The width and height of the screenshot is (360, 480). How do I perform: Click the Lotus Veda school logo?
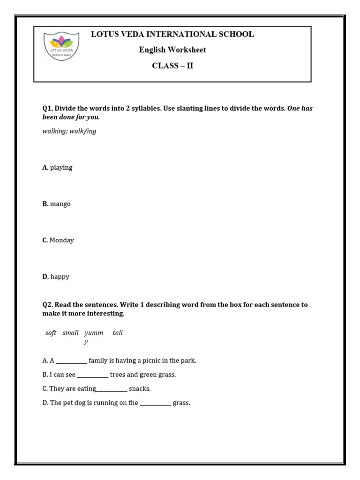click(61, 45)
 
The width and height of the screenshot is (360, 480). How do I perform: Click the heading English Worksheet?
click(172, 50)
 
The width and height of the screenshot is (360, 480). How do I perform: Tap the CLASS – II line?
click(172, 66)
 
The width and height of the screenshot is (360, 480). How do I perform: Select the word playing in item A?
click(61, 168)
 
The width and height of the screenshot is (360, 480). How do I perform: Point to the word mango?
click(60, 204)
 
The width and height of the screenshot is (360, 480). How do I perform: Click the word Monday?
click(62, 240)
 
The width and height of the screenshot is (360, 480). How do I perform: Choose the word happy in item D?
click(60, 277)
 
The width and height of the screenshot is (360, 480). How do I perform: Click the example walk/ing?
click(82, 132)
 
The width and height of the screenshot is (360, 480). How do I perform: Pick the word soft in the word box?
click(51, 333)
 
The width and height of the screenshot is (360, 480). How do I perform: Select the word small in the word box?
click(70, 333)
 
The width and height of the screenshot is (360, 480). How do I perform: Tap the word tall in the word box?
click(118, 333)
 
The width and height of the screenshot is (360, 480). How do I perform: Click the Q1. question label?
click(48, 108)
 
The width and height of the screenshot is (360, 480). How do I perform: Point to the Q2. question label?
click(48, 305)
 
